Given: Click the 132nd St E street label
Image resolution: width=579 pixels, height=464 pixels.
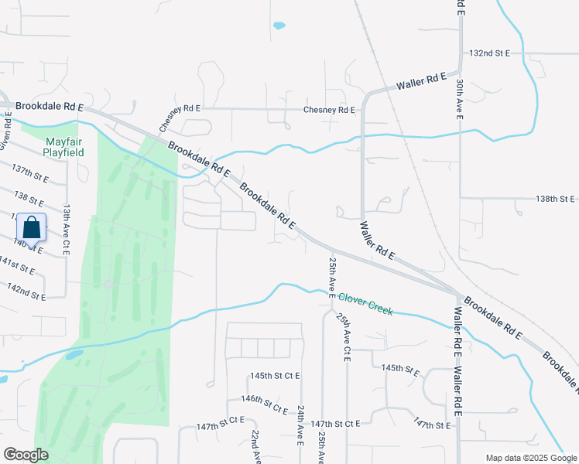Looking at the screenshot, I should [x=490, y=53].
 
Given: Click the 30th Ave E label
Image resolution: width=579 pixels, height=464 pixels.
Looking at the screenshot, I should [x=460, y=98].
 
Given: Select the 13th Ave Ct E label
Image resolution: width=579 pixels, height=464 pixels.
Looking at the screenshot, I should [x=67, y=227].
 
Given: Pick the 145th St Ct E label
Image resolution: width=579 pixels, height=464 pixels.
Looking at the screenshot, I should [x=275, y=376].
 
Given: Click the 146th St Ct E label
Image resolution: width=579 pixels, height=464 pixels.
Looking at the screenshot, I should [x=263, y=399].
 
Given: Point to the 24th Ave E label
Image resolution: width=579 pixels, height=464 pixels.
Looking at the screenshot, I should [x=300, y=426].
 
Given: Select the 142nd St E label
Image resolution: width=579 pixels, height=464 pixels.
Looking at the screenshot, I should [x=26, y=292].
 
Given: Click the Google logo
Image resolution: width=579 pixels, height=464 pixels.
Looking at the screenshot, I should [x=26, y=455].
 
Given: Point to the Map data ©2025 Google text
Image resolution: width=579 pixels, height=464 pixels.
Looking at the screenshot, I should [x=530, y=458].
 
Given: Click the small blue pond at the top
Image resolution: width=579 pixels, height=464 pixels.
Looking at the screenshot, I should [x=279, y=26].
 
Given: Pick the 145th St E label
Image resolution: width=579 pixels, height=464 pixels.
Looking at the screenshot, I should [x=401, y=369].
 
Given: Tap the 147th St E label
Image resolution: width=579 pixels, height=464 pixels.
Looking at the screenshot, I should [x=431, y=425].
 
